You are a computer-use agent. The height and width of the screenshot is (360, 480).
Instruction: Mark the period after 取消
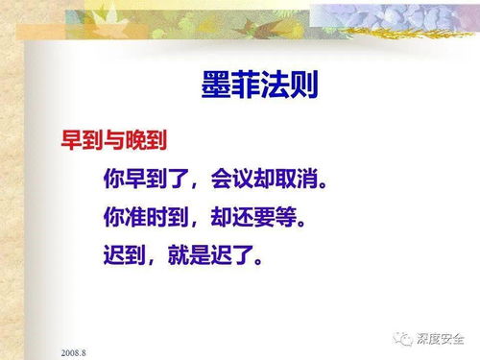click(x=340, y=182)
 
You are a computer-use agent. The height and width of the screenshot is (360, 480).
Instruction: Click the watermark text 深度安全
click(x=441, y=337)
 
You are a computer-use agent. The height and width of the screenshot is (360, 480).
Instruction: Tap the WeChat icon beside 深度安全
click(x=402, y=337)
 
